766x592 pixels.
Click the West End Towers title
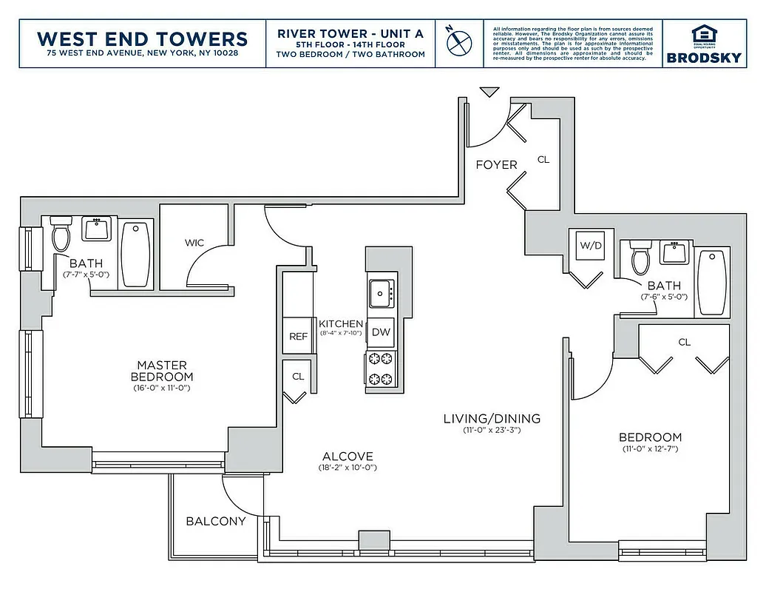[x=142, y=38]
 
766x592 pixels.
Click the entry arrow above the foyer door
[x=489, y=92]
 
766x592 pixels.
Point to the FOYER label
[x=496, y=164]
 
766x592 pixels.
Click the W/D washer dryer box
[x=589, y=246]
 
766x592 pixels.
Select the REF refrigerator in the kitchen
[x=298, y=336]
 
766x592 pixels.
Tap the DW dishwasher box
[x=381, y=332]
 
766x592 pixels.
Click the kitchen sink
[x=382, y=293]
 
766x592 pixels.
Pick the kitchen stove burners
[x=381, y=369]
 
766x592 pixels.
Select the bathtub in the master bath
[x=135, y=254]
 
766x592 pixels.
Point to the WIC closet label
[x=194, y=242]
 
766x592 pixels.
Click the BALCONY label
[x=215, y=521]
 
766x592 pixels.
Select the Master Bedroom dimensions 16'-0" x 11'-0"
[x=163, y=387]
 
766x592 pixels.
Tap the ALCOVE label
[x=348, y=457]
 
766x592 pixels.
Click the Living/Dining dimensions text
[x=492, y=430]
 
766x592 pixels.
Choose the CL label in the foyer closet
[x=543, y=159]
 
